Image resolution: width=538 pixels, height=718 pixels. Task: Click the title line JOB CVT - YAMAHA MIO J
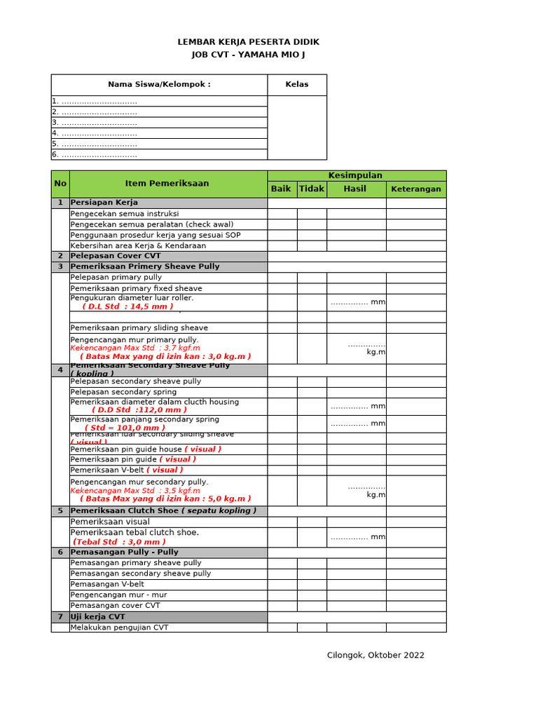[249, 55]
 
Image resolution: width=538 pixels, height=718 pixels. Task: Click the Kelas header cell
[296, 85]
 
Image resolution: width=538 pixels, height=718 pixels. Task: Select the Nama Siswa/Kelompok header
[159, 85]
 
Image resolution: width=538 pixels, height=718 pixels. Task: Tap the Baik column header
[281, 189]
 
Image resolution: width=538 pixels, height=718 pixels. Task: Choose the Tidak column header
[312, 189]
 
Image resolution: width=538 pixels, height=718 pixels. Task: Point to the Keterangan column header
[415, 189]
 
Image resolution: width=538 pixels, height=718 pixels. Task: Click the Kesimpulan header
[356, 175]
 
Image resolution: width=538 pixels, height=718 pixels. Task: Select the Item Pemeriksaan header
[167, 184]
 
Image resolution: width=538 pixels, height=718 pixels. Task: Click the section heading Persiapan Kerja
[104, 203]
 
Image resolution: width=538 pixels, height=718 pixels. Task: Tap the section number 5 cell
[60, 511]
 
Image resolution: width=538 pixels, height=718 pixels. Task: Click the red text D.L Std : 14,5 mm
[127, 306]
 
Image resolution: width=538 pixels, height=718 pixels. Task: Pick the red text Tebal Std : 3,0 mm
[120, 542]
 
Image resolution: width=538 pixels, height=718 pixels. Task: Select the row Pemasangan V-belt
[107, 584]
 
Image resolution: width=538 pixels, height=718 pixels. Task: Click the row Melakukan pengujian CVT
[120, 628]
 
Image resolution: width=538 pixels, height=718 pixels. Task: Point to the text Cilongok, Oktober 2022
[375, 656]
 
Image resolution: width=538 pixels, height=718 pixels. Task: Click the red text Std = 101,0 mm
[125, 428]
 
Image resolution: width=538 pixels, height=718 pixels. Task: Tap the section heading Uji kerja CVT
[98, 617]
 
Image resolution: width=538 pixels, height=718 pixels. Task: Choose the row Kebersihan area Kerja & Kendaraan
[138, 246]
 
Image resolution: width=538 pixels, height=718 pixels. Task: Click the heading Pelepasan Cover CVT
[116, 257]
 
